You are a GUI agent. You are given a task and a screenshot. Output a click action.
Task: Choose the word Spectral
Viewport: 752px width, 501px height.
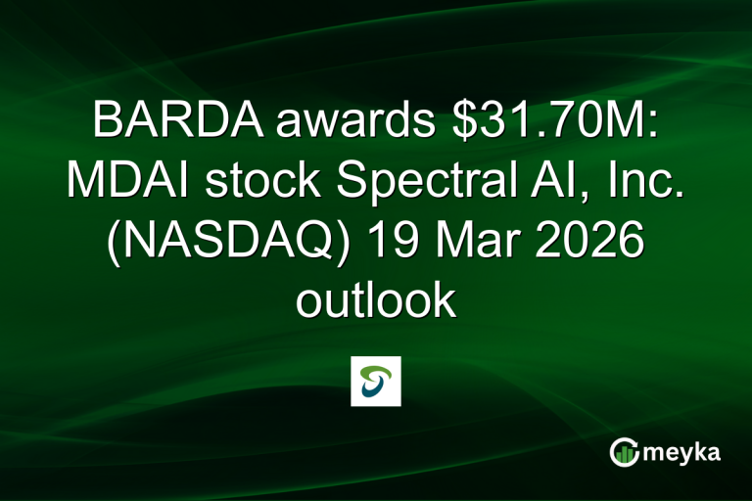408,182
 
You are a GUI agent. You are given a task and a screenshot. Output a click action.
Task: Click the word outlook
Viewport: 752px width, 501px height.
376,300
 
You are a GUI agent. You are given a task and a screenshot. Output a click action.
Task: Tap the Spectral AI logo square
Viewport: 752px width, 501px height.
376,381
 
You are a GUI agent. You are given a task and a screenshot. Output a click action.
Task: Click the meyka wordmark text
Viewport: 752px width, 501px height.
685,451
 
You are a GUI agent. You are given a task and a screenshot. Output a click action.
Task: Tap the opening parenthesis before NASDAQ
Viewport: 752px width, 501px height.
113,242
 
